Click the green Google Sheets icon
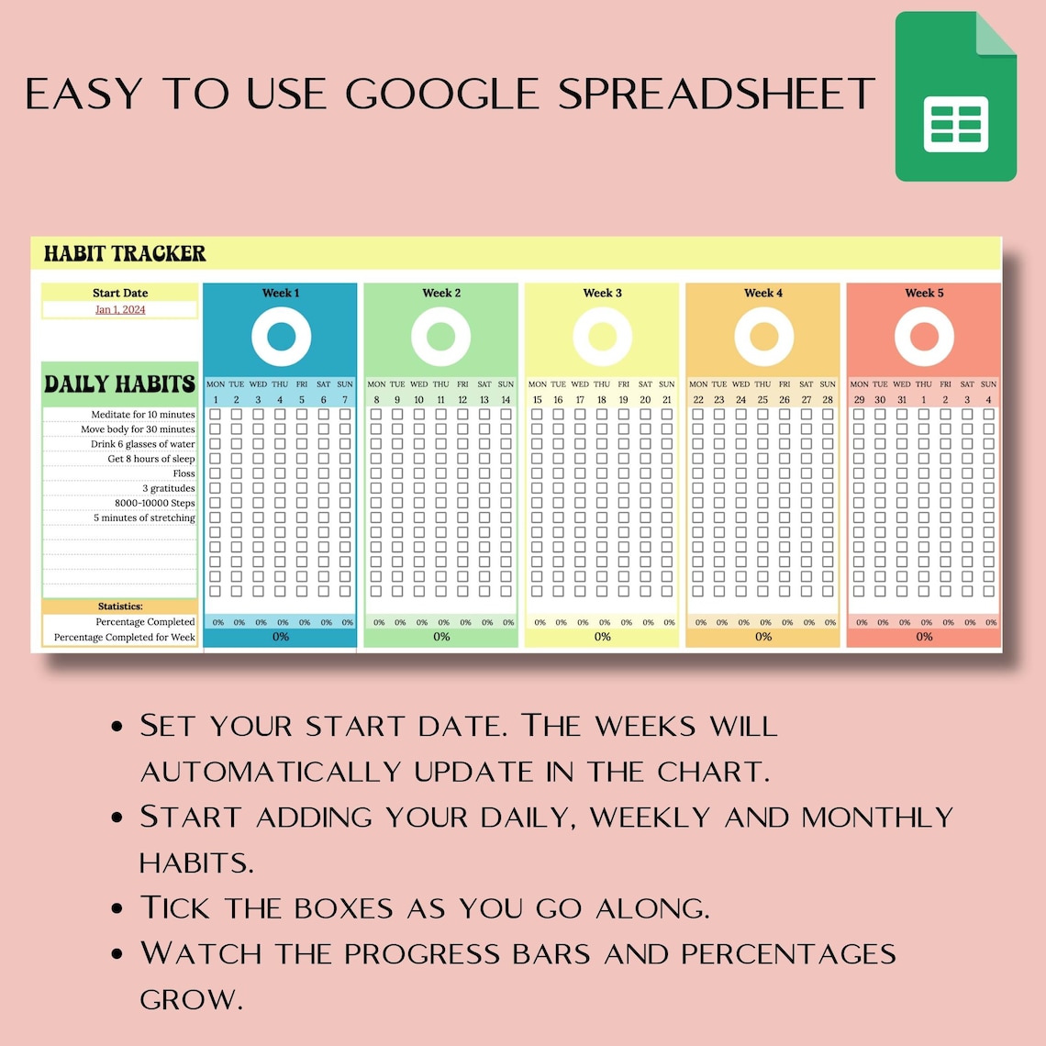[955, 96]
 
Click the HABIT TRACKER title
[125, 253]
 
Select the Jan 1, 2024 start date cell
[120, 310]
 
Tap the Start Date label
[120, 293]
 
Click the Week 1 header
[281, 293]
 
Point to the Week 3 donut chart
[602, 337]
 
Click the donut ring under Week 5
[924, 337]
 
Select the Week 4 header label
[763, 293]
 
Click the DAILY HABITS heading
[120, 384]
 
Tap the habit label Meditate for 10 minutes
[143, 415]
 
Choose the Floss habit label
[184, 473]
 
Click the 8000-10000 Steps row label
[155, 503]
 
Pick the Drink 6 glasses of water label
[142, 444]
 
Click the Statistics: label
[120, 606]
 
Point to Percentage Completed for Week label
[125, 637]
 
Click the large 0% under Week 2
[441, 637]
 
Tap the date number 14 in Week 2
[506, 400]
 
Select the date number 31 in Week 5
[902, 400]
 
